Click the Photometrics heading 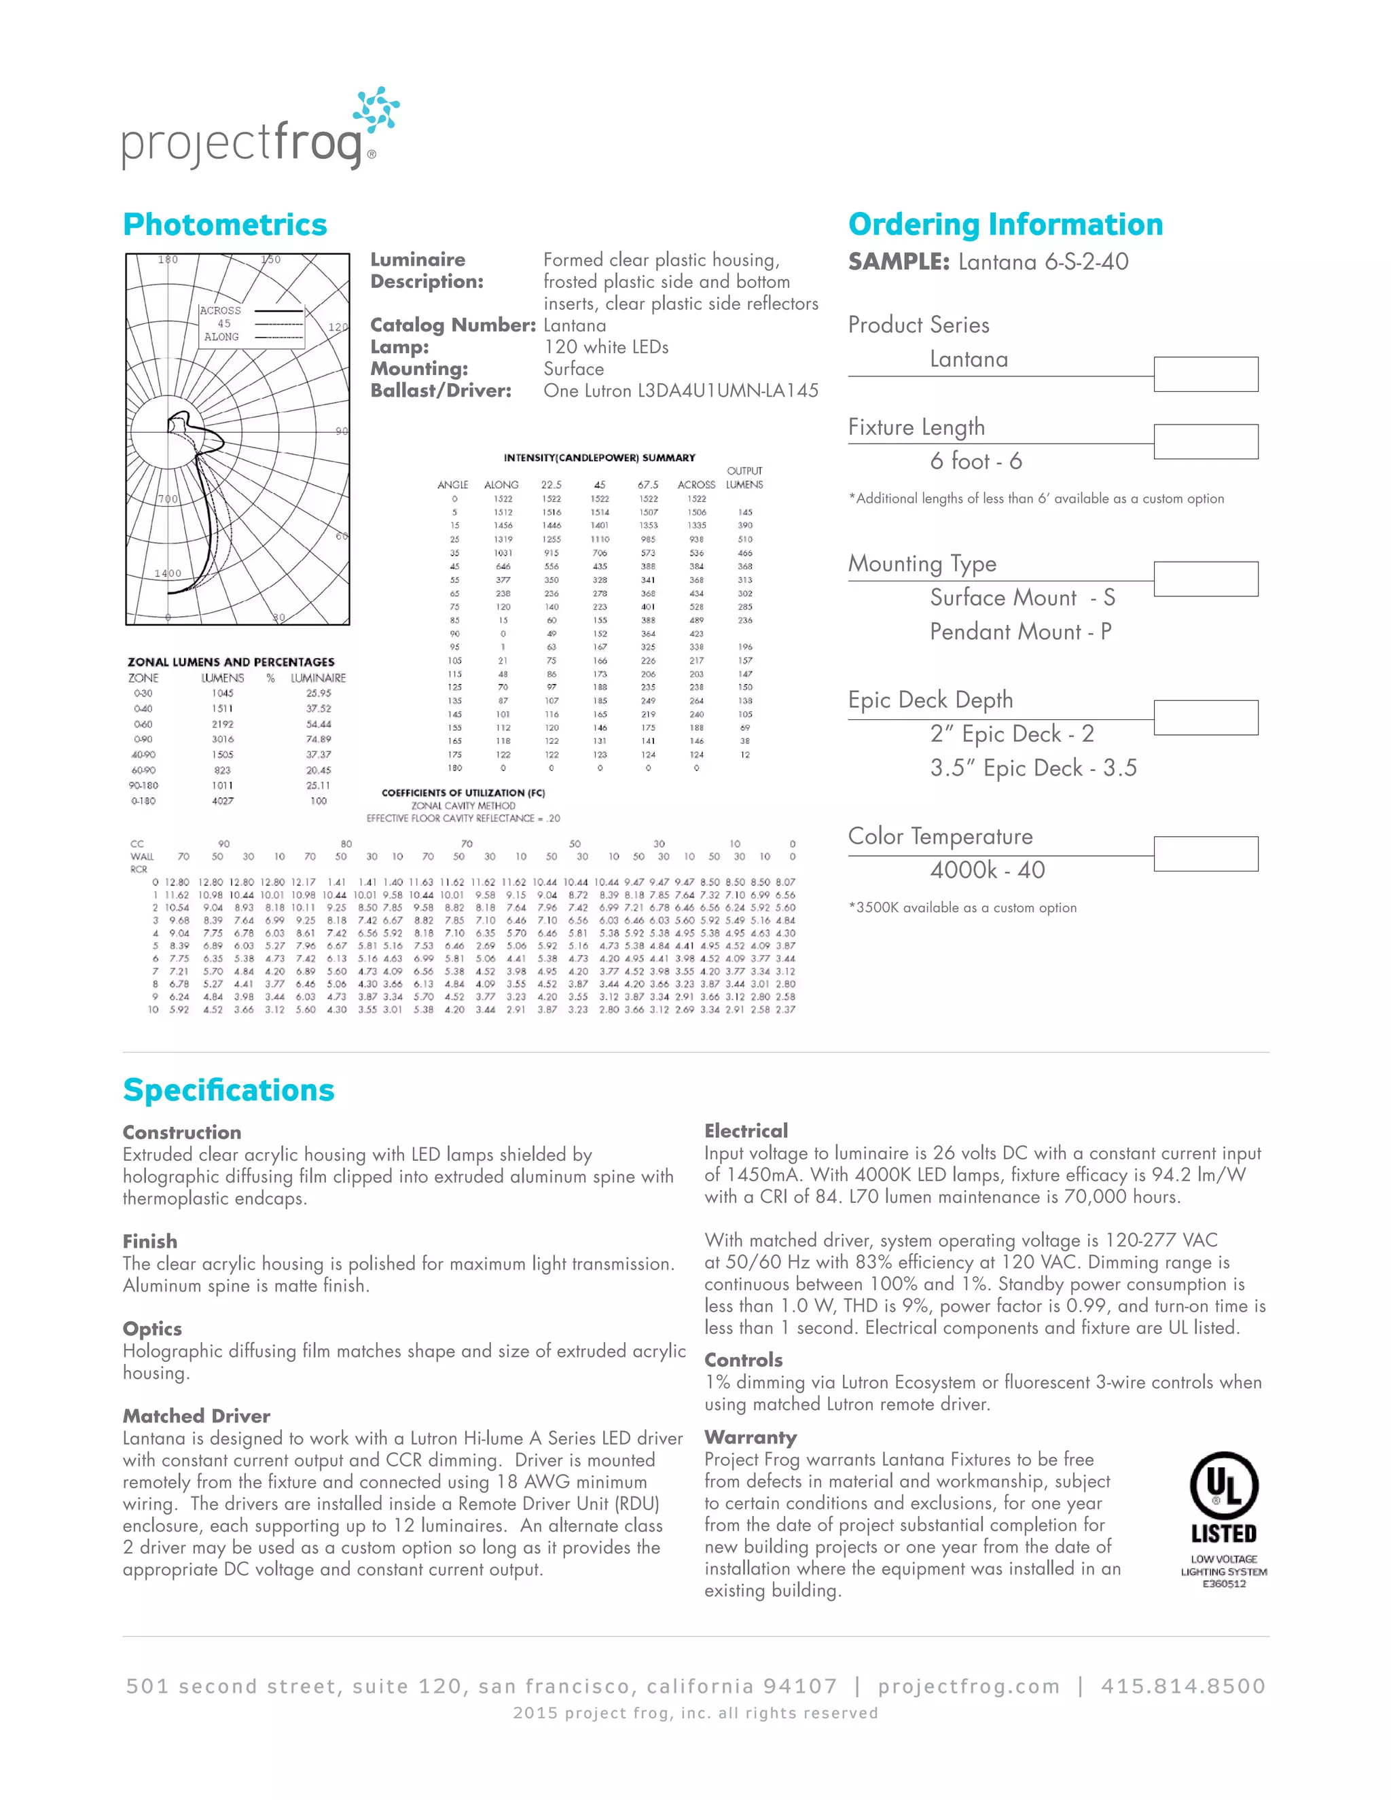(225, 224)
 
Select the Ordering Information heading (1005, 224)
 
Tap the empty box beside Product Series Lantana (1205, 374)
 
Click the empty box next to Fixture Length (1205, 442)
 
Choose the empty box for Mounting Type (1205, 579)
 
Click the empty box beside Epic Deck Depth (1205, 717)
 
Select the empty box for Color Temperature (1205, 854)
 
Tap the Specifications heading (228, 1090)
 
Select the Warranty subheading (750, 1437)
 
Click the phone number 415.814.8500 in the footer (1182, 1687)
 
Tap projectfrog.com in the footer (969, 1687)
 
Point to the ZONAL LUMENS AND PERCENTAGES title (231, 662)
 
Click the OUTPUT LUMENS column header (744, 478)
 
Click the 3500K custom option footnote (962, 907)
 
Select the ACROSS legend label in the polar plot (220, 310)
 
